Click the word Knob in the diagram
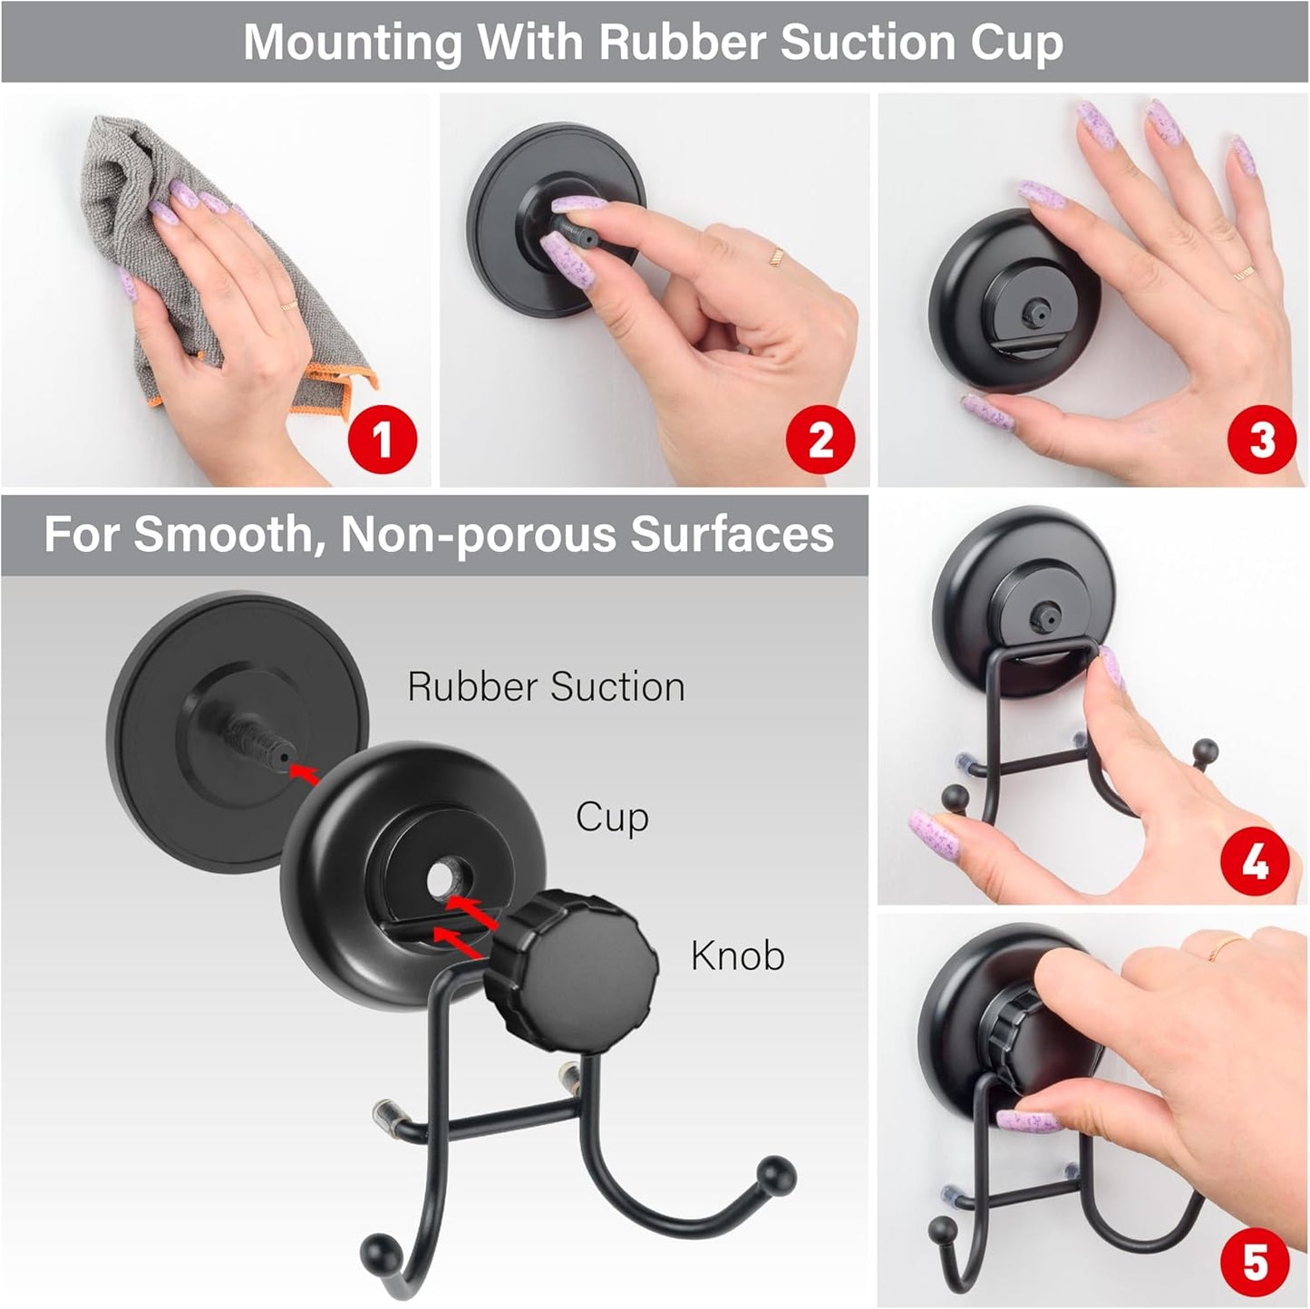coord(737,955)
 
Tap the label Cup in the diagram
coord(612,818)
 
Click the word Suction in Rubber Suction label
coord(616,687)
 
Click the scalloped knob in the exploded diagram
coord(571,962)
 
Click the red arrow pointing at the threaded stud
coord(306,772)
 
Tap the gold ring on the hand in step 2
coord(776,257)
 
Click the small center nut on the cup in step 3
coord(1033,314)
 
